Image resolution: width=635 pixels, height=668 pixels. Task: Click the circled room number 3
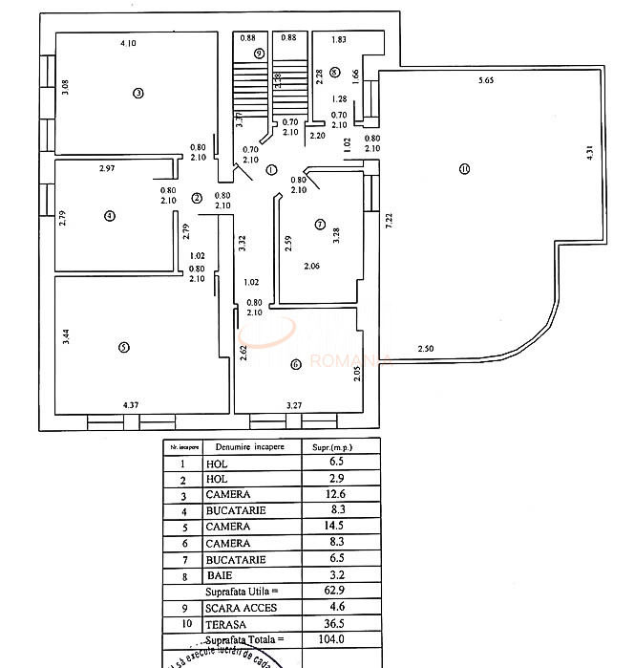point(138,93)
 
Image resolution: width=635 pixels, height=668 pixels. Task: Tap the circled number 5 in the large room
point(123,347)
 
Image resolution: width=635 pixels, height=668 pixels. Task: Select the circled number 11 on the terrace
point(464,170)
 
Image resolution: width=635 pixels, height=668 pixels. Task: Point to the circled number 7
point(319,225)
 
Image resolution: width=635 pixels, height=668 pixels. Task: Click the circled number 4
point(110,216)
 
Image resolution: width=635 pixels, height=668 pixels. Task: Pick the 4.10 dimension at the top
point(128,43)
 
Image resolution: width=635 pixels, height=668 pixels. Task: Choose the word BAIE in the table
point(219,575)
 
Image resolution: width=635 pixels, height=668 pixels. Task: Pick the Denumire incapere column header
point(243,446)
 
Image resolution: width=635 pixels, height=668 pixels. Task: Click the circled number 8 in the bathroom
point(334,72)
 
